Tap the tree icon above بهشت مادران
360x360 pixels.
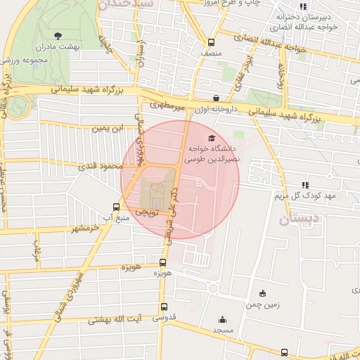[58, 34]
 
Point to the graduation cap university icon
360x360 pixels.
[212, 137]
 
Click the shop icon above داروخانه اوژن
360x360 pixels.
[215, 98]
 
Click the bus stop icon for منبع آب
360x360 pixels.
[117, 207]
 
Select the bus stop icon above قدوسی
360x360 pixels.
[165, 307]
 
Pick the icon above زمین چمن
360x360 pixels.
[263, 293]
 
